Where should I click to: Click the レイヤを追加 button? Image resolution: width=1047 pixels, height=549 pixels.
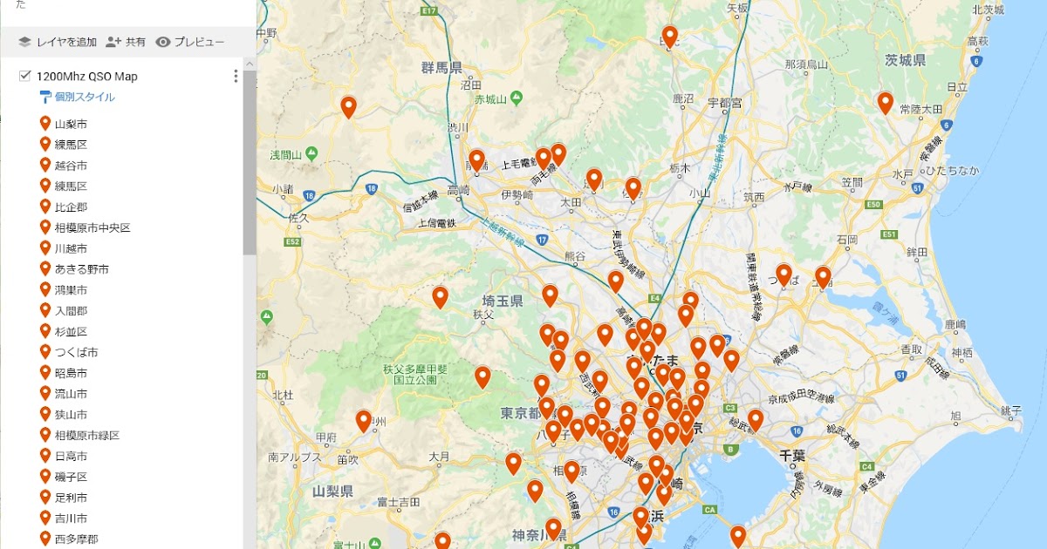point(58,42)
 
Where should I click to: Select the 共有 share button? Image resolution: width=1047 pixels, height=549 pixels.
point(126,42)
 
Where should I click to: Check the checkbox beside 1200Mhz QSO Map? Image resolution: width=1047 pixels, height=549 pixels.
point(24,77)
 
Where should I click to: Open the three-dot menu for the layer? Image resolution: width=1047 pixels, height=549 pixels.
point(236,77)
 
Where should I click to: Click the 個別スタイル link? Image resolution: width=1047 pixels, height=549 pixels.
point(84,97)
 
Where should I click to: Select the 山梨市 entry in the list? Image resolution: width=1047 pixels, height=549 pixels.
point(71,124)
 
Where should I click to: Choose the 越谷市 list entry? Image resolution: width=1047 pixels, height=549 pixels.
point(71,166)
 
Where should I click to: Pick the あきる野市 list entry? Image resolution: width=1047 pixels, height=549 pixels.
point(81,269)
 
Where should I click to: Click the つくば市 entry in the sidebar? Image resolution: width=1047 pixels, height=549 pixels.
point(76,352)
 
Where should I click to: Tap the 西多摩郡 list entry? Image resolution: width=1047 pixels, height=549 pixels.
point(76,539)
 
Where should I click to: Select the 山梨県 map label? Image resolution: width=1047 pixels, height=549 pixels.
point(332,491)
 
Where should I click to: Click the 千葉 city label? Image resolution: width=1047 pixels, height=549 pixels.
point(792,455)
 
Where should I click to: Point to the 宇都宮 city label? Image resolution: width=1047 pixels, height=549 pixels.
point(724,103)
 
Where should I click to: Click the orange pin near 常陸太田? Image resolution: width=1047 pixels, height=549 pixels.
point(885,103)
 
